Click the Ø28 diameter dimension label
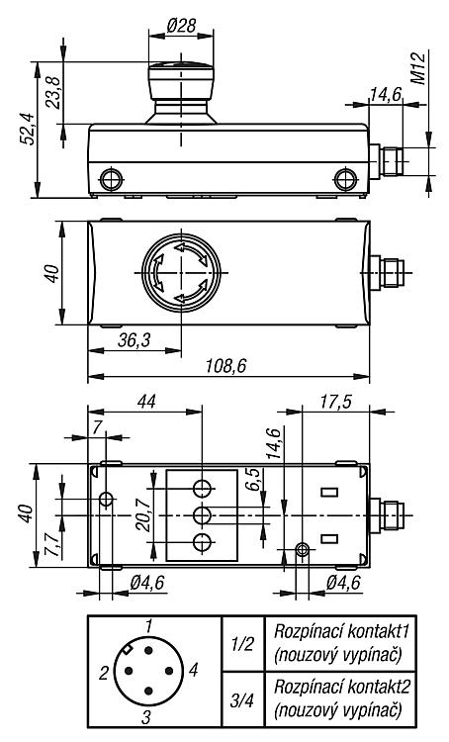[181, 25]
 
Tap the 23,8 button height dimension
[54, 93]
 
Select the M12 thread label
[417, 68]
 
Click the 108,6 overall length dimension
[225, 365]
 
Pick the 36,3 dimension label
[134, 339]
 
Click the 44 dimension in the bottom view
[146, 402]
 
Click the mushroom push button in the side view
[181, 93]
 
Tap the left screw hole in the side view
[111, 179]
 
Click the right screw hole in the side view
[345, 179]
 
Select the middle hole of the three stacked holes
[203, 514]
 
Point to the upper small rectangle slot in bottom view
[329, 492]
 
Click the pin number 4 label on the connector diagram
[193, 670]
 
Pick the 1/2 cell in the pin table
[242, 644]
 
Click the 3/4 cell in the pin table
[242, 699]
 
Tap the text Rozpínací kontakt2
[341, 687]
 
